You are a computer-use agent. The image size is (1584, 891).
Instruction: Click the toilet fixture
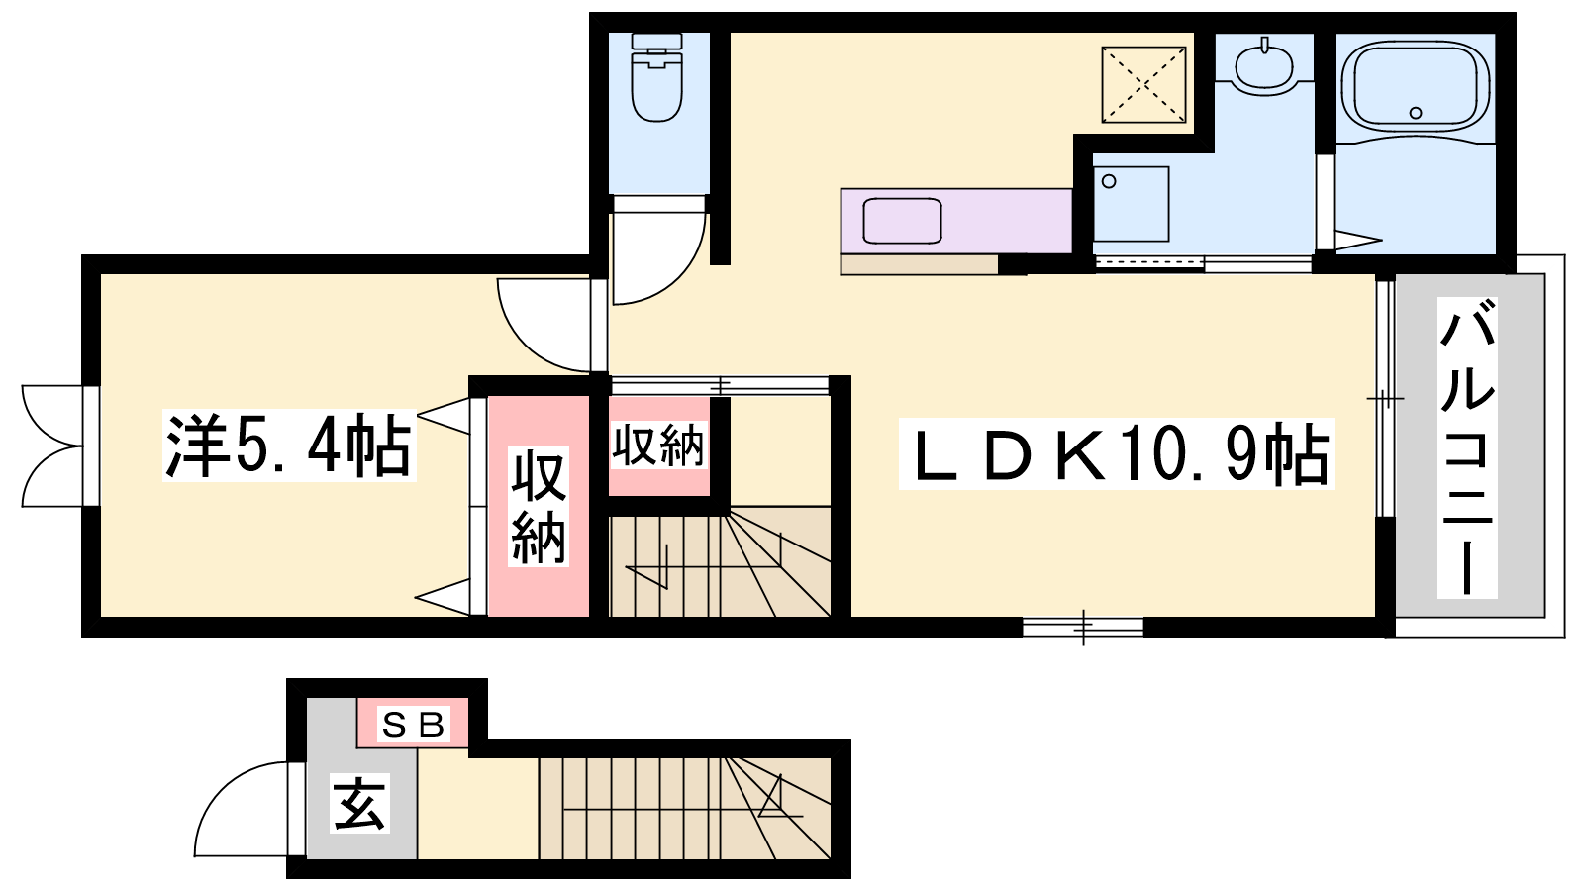[657, 78]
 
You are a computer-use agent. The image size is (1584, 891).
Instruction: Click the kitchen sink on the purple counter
[902, 221]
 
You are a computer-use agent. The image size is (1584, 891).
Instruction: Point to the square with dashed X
[1143, 85]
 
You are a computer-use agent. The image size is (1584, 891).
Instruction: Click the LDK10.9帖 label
[1116, 453]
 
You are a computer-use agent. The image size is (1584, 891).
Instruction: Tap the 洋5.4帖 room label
[288, 445]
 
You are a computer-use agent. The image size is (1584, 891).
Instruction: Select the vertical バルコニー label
[1466, 447]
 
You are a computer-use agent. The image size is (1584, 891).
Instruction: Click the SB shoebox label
[413, 724]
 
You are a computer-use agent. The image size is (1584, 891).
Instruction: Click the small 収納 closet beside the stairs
[658, 445]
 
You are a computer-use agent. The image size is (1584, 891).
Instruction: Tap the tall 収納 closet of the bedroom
[539, 506]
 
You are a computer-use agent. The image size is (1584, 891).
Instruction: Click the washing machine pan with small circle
[1131, 204]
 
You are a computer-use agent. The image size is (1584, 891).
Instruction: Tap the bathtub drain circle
[1416, 113]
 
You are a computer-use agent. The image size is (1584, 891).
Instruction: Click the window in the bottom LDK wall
[1083, 628]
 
